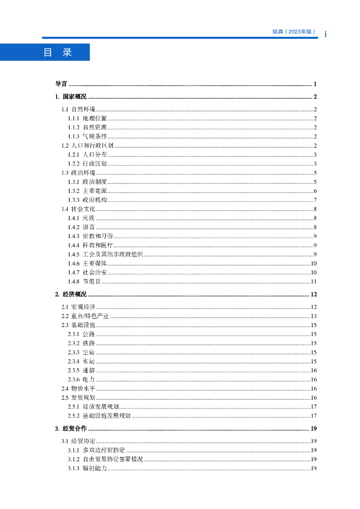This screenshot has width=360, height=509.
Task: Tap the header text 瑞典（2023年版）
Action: click(x=294, y=31)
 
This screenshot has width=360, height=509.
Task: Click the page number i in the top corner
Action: click(x=325, y=34)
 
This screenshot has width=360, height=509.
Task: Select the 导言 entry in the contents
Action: click(x=61, y=84)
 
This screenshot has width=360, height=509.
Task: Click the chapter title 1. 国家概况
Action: click(x=71, y=97)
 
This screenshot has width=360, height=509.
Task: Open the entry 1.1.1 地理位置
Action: click(x=87, y=118)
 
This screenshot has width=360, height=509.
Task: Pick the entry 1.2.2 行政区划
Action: click(x=87, y=164)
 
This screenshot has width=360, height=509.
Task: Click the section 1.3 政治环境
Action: click(x=79, y=172)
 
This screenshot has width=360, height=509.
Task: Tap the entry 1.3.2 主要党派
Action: click(x=87, y=191)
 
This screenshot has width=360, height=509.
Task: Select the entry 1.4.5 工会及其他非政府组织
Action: click(x=105, y=254)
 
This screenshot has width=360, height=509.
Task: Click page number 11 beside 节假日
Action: click(x=314, y=282)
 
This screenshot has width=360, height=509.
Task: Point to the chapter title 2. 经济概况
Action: click(x=71, y=294)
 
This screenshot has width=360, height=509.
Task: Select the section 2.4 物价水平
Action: click(x=79, y=389)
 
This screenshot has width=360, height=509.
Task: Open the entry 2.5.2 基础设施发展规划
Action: click(x=99, y=416)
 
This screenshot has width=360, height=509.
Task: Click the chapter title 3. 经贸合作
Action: click(x=71, y=428)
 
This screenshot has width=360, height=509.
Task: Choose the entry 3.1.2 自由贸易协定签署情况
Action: click(x=105, y=459)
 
